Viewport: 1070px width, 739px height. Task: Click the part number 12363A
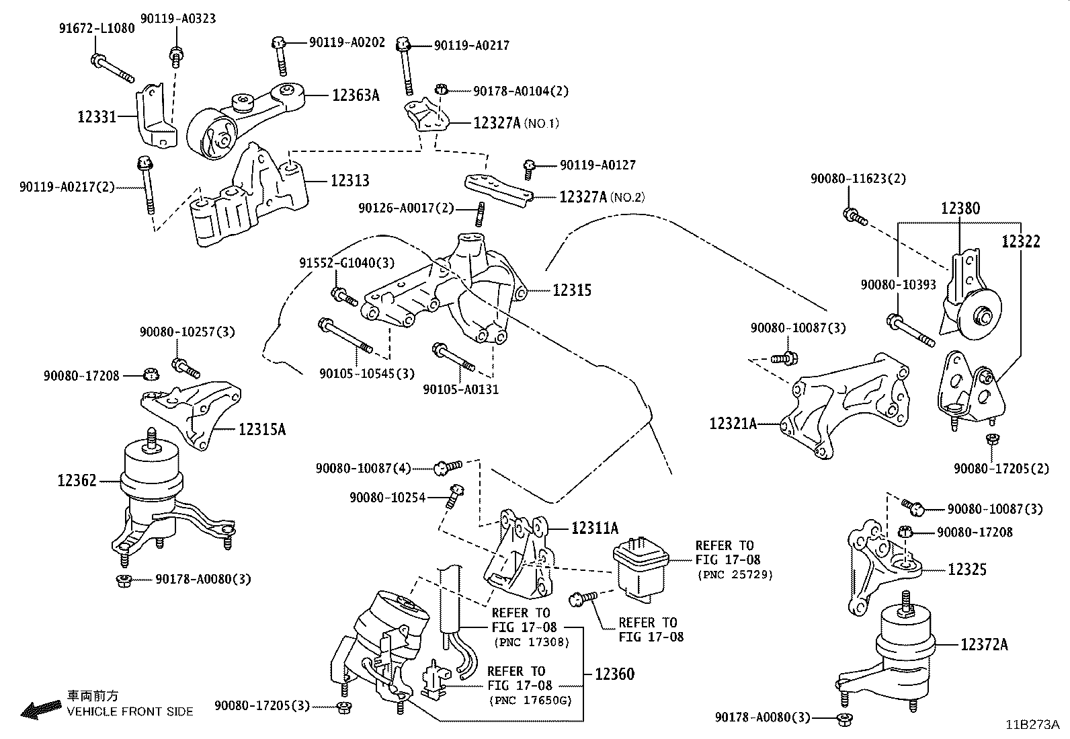(356, 95)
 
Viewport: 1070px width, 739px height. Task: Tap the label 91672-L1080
(97, 28)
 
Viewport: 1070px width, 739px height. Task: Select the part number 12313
(350, 180)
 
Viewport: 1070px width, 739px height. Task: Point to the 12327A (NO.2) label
(602, 197)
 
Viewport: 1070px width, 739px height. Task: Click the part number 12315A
(262, 429)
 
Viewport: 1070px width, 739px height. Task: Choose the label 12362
(77, 480)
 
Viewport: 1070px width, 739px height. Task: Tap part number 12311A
(595, 528)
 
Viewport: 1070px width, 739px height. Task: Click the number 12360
(615, 674)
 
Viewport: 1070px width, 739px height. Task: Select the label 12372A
(984, 644)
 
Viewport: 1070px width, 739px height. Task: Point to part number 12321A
(733, 424)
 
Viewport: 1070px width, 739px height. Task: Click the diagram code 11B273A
(1033, 725)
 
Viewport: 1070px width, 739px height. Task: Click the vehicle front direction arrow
(41, 709)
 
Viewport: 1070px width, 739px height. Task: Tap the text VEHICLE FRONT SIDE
(130, 711)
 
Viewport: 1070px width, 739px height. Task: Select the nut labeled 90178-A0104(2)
(441, 89)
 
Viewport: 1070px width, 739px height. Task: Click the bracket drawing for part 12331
(156, 116)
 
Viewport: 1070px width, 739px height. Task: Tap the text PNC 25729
(735, 574)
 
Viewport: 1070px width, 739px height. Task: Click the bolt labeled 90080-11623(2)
(854, 217)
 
